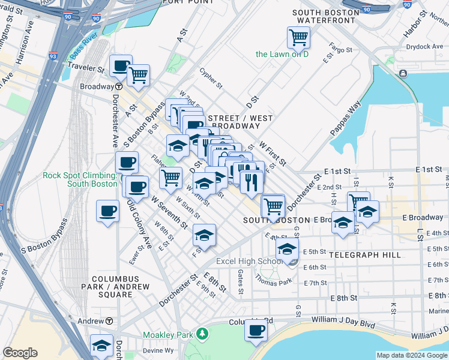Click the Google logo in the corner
tap(20, 353)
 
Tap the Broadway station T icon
tap(119, 86)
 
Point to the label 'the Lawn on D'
tap(282, 54)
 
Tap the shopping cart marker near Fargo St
tap(298, 37)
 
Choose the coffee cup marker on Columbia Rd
tap(256, 329)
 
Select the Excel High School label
tap(249, 262)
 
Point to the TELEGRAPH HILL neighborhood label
tap(361, 255)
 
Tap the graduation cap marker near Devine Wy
tap(101, 344)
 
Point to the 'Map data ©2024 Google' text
tap(412, 355)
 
